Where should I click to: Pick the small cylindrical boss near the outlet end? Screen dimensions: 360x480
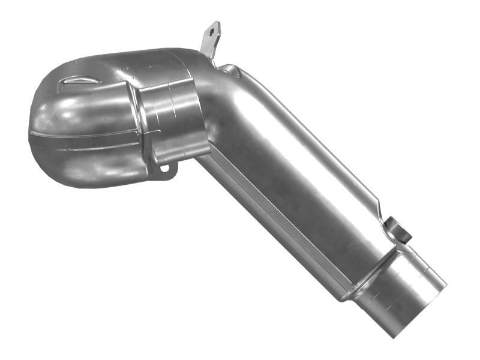click(398, 228)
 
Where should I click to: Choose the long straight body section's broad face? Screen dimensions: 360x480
click(288, 174)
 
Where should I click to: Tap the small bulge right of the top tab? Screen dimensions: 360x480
click(231, 71)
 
